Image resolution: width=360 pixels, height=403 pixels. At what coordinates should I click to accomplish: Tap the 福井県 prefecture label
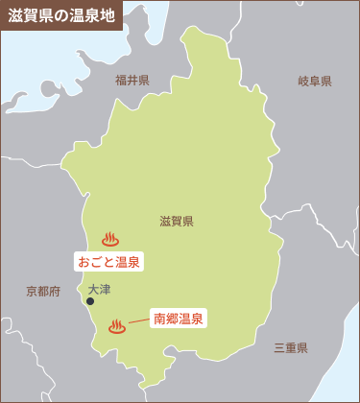(132, 81)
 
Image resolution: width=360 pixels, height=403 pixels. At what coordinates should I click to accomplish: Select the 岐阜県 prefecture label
(314, 82)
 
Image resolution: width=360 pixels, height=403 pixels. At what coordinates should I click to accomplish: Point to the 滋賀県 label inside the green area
(177, 222)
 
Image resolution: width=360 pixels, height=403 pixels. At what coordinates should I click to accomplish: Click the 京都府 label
(44, 291)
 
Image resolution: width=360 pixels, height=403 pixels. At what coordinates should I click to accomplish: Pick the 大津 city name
(99, 289)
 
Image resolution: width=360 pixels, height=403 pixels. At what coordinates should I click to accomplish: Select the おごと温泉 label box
(108, 261)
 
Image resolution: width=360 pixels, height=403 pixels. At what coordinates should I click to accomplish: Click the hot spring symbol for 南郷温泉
(117, 326)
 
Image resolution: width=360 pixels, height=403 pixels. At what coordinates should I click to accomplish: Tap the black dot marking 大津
(90, 301)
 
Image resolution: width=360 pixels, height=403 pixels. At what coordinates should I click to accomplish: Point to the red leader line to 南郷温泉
(137, 322)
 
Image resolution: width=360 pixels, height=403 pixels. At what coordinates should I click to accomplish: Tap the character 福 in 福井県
(120, 81)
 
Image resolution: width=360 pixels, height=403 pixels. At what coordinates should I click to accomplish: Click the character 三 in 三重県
(278, 347)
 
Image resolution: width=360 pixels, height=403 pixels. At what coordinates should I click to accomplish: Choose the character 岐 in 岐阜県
(302, 82)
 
